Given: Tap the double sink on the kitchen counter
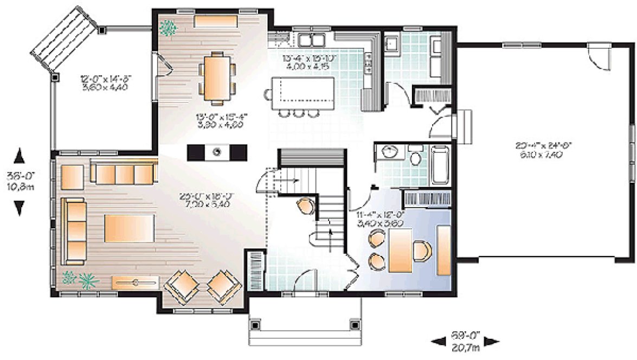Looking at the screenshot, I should (x=311, y=40).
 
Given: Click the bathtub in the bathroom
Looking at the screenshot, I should (x=440, y=165).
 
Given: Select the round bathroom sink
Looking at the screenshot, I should (x=389, y=152).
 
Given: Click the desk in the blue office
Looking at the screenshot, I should (x=401, y=249).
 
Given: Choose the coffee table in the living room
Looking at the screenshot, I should (x=130, y=228).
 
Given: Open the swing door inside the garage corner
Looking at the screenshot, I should (x=599, y=56).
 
